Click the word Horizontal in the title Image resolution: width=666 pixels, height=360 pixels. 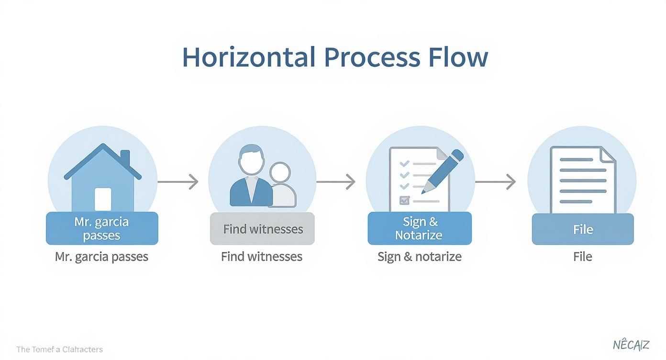click(249, 57)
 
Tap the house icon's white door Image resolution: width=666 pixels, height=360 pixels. click(103, 199)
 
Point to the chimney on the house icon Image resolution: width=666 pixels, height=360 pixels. click(125, 158)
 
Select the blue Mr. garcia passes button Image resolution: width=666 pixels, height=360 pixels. click(102, 228)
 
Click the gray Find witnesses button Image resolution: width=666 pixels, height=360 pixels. click(263, 229)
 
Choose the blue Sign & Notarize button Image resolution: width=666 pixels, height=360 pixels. click(419, 228)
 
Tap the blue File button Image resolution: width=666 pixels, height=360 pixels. click(583, 229)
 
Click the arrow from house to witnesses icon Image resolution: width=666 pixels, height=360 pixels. click(178, 182)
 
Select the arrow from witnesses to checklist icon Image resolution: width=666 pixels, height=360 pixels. click(336, 182)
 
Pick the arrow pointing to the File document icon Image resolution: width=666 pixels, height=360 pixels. click(496, 182)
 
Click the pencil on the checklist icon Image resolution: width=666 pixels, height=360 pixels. click(443, 171)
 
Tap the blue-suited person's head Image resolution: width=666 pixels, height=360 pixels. click(251, 160)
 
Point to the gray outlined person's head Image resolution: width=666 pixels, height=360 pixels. click(279, 174)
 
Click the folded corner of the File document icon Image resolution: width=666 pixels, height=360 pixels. click(608, 155)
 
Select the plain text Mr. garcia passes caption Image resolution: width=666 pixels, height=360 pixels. click(101, 257)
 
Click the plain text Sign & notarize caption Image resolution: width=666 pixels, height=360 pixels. click(419, 257)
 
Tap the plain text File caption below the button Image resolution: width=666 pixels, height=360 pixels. click(583, 257)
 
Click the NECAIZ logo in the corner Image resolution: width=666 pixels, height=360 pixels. click(631, 345)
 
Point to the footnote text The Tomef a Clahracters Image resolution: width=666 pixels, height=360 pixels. click(59, 349)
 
